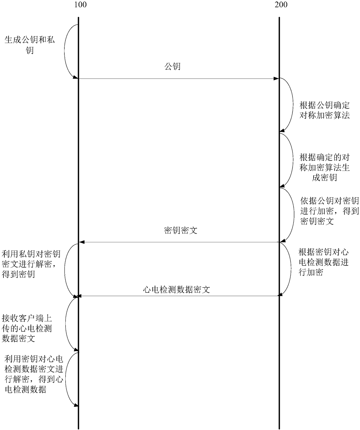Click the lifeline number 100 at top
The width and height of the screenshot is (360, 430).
click(x=80, y=5)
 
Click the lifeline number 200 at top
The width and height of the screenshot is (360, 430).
click(x=281, y=5)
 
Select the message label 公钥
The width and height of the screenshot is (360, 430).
click(x=172, y=66)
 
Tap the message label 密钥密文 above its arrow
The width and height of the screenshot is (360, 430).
click(x=181, y=230)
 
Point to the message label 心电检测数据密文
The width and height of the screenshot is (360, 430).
click(x=177, y=289)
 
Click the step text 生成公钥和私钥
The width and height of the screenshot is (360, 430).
click(x=30, y=45)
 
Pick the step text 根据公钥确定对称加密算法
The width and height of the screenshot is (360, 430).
click(x=325, y=110)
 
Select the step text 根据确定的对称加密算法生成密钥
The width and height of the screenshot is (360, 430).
click(x=325, y=167)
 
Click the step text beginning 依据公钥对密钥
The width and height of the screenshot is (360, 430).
click(x=330, y=211)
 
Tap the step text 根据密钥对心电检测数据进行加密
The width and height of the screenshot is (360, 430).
click(x=323, y=262)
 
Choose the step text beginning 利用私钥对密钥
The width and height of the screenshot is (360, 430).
click(x=31, y=264)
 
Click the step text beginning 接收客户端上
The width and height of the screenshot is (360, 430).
click(x=27, y=328)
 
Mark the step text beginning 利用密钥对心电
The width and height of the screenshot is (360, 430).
click(x=34, y=374)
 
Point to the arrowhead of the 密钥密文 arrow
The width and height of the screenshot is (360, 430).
click(x=82, y=242)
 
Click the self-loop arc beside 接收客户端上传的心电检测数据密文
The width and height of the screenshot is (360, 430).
click(x=66, y=324)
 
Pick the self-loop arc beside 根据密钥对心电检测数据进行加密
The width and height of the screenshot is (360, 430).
click(x=291, y=268)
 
